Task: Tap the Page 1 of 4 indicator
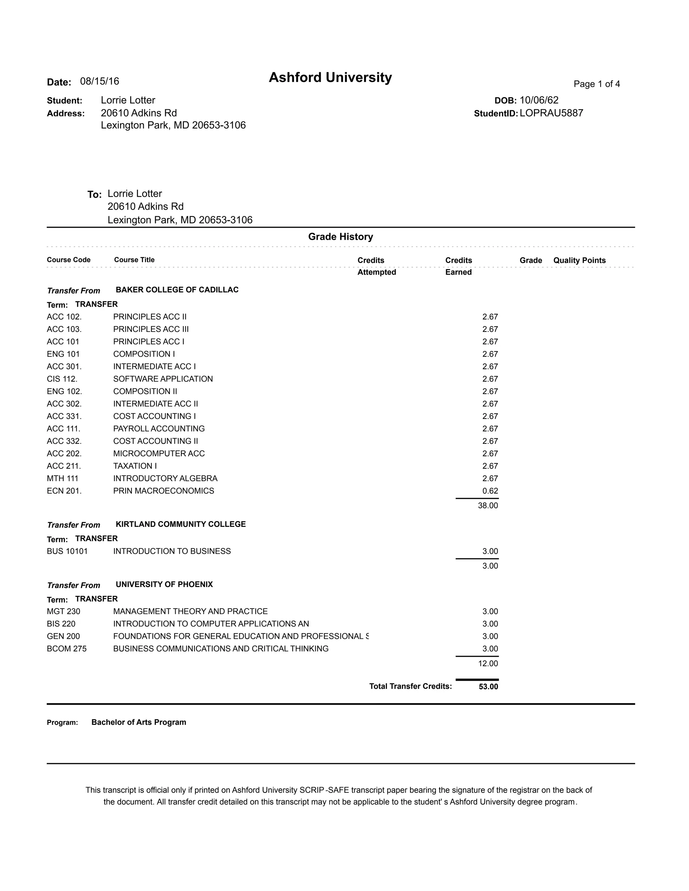pyautogui.click(x=596, y=84)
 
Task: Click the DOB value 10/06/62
pyautogui.click(x=539, y=100)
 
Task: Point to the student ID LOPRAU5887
pyautogui.click(x=551, y=113)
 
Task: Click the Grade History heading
pyautogui.click(x=340, y=237)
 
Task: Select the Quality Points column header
pyautogui.click(x=579, y=260)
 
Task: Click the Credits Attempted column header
pyautogui.click(x=376, y=266)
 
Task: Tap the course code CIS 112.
pyautogui.click(x=62, y=379)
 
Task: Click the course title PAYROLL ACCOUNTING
pyautogui.click(x=159, y=429)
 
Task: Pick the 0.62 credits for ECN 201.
pyautogui.click(x=490, y=491)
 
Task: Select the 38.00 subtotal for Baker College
pyautogui.click(x=488, y=505)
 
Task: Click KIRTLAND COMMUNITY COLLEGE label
pyautogui.click(x=180, y=524)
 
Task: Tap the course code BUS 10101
pyautogui.click(x=67, y=551)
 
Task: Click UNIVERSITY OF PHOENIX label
pyautogui.click(x=164, y=585)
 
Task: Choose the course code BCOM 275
pyautogui.click(x=67, y=649)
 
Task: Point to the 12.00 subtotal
pyautogui.click(x=488, y=663)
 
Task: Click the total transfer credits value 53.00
pyautogui.click(x=488, y=687)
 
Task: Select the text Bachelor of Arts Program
pyautogui.click(x=139, y=722)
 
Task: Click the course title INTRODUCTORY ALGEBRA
pyautogui.click(x=165, y=478)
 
